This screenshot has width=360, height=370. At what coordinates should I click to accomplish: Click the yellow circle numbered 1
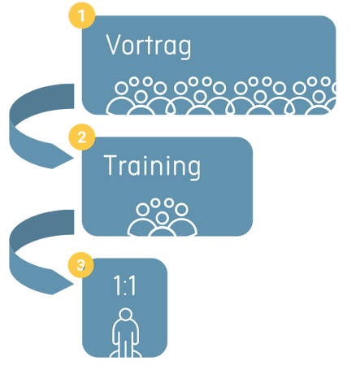coord(81,15)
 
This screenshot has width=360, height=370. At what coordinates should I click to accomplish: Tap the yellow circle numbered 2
coord(81,137)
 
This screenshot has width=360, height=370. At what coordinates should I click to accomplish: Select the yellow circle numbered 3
coord(80,264)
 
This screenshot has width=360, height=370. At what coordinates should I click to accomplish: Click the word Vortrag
coord(149,46)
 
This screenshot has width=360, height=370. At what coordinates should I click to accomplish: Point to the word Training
coord(152,167)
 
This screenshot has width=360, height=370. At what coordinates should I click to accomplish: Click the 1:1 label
coord(124,285)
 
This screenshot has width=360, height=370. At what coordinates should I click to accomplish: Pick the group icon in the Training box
coord(163,217)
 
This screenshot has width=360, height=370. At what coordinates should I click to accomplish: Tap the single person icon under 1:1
coord(125,333)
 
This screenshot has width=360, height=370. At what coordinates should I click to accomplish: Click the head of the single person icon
coord(125,315)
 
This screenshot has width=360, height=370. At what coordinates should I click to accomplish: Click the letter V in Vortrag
coord(115,45)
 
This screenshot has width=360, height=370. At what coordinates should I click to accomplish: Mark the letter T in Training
coord(111,165)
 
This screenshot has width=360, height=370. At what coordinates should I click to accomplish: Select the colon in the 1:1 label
coord(124,287)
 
